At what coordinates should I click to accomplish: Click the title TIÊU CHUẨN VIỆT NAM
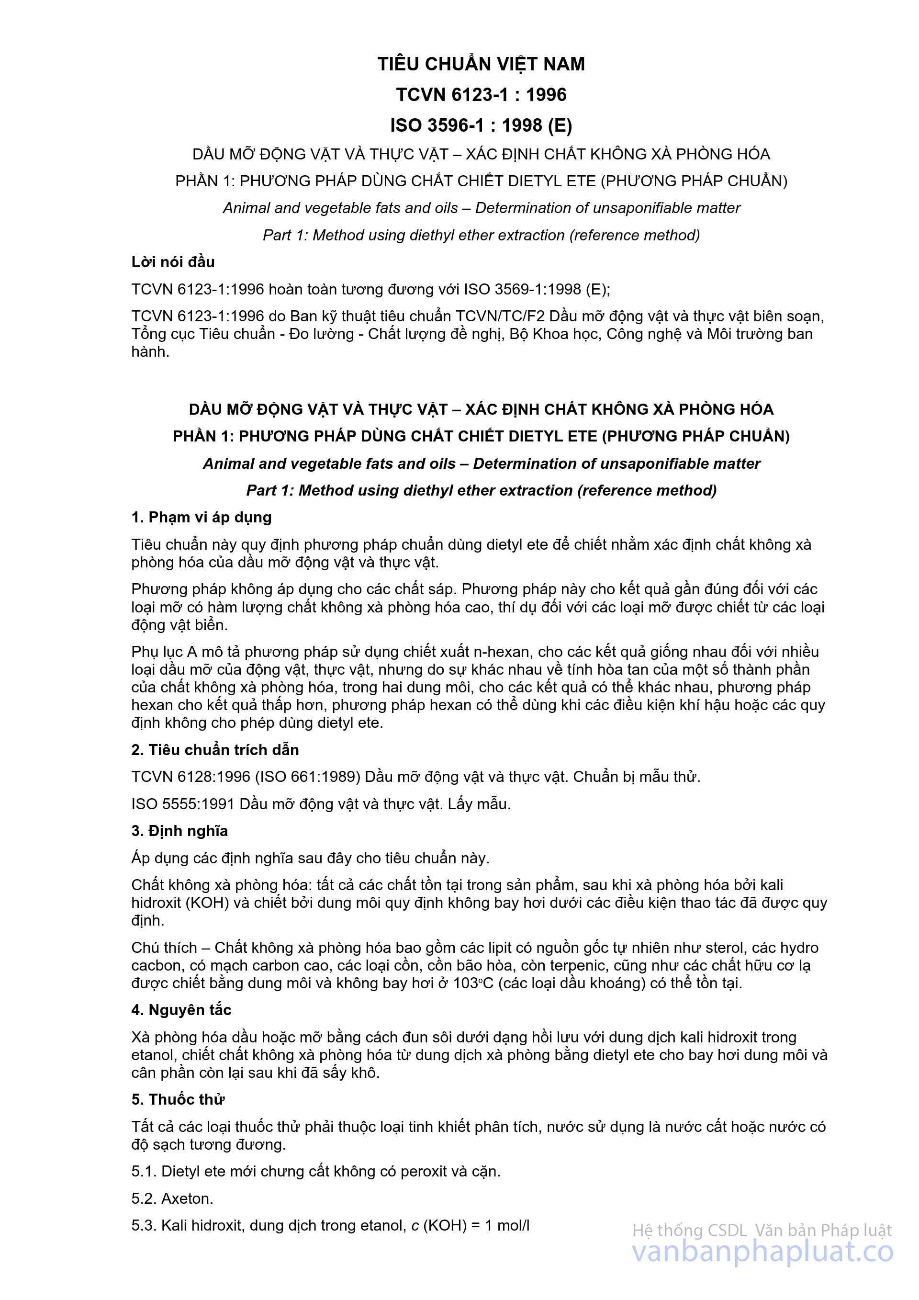pos(481,64)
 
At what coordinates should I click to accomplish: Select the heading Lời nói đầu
pos(173,261)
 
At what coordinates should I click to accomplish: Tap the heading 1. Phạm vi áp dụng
pos(202,517)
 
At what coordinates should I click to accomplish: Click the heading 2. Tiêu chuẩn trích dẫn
pos(215,750)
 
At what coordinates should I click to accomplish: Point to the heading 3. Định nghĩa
pos(179,831)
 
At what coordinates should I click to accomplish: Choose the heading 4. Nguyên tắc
pos(181,1009)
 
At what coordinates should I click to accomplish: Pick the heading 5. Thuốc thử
pos(178,1099)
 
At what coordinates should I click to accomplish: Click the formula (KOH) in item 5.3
pos(445,1225)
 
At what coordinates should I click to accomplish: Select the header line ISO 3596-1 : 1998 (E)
pos(481,125)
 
